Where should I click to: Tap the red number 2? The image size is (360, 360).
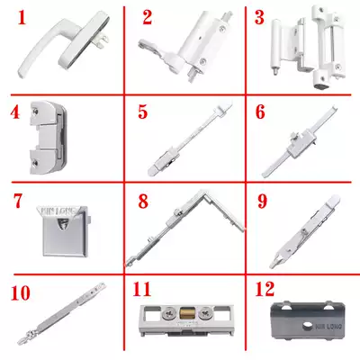(x=147, y=17)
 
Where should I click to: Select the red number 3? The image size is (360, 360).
(x=259, y=17)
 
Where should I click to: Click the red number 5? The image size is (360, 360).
(x=142, y=114)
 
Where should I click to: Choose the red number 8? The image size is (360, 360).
(x=142, y=200)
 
